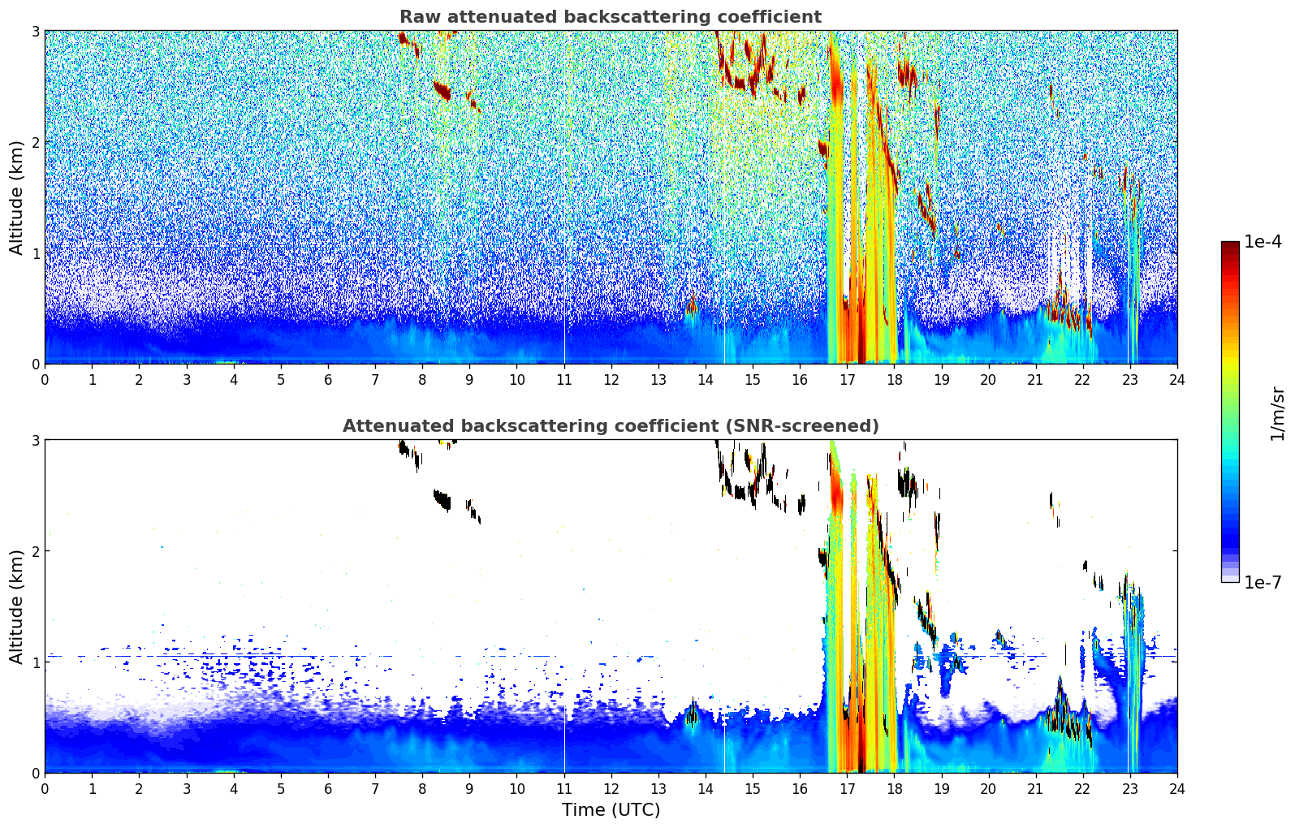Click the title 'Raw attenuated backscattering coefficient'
(611, 17)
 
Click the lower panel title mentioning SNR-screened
(611, 426)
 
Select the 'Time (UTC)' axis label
(611, 810)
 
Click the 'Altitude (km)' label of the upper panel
(16, 198)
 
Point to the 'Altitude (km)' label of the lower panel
(16, 606)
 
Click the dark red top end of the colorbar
(1230, 244)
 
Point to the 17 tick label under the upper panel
(847, 380)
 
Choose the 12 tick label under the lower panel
(611, 789)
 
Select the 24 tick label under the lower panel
(1177, 789)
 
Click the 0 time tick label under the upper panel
(45, 380)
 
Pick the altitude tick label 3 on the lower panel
(35, 440)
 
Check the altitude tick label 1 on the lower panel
(35, 662)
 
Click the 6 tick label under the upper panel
(328, 380)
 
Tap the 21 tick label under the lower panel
(1035, 789)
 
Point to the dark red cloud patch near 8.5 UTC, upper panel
(442, 91)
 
